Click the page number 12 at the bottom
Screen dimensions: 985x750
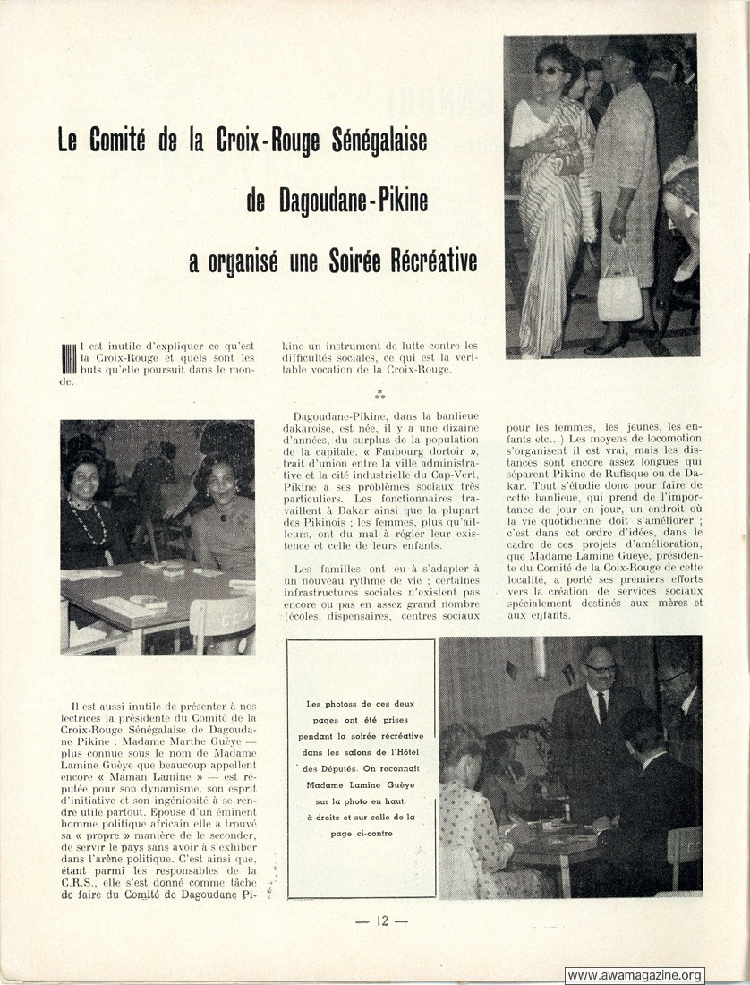click(x=380, y=922)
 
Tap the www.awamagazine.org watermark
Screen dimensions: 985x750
click(x=635, y=975)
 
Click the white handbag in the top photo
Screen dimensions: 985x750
click(x=619, y=296)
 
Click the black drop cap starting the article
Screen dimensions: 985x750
click(x=67, y=358)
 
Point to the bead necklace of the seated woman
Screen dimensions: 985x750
click(x=88, y=523)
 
